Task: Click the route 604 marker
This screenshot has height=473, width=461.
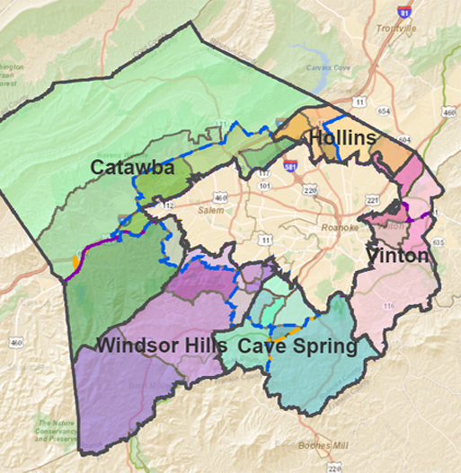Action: click(406, 139)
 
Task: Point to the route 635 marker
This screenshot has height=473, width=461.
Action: click(438, 241)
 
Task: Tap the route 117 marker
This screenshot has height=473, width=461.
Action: click(264, 172)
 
